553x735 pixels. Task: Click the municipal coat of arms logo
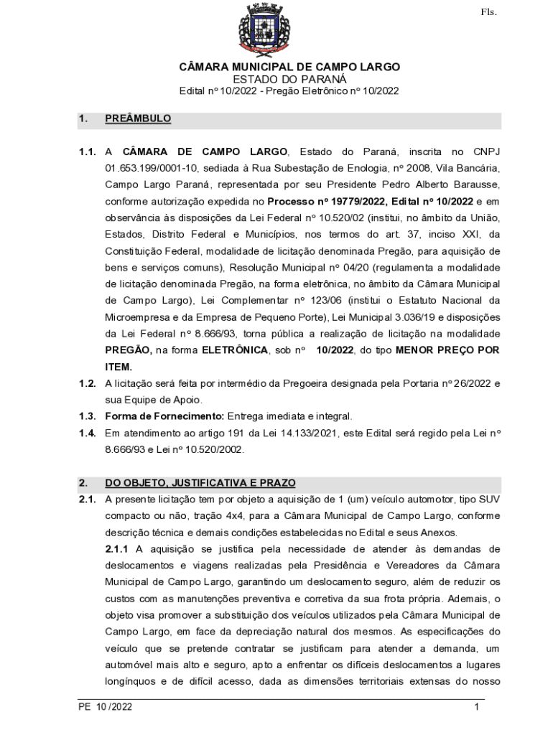click(x=264, y=30)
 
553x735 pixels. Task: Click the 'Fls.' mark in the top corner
click(x=488, y=12)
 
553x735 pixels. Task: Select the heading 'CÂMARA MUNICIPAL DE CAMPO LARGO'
click(x=289, y=67)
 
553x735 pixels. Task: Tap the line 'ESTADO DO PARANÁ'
click(x=289, y=79)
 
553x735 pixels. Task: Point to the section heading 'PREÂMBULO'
click(x=138, y=118)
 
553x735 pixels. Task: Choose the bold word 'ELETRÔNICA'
click(x=235, y=350)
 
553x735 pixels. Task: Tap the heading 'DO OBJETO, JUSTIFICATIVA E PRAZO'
click(x=200, y=483)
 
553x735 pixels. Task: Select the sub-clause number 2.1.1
click(x=118, y=549)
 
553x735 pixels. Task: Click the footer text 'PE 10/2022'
click(x=106, y=707)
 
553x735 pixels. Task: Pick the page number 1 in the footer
click(x=476, y=707)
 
